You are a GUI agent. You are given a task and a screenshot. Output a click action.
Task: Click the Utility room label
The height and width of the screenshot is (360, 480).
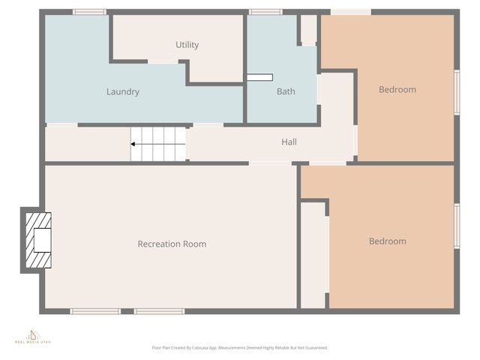tap(187, 45)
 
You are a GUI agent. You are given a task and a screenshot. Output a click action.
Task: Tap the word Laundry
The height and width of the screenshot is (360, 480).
tap(123, 92)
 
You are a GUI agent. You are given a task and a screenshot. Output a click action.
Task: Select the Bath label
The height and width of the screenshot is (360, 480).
tap(286, 92)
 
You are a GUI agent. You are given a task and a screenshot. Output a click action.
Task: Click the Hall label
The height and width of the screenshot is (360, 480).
tap(289, 142)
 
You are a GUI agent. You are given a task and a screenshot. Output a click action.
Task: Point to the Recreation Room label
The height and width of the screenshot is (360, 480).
tap(172, 244)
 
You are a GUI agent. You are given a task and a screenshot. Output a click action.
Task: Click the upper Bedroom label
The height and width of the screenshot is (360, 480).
tap(397, 90)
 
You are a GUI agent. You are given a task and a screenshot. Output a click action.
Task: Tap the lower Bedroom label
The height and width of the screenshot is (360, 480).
tap(387, 241)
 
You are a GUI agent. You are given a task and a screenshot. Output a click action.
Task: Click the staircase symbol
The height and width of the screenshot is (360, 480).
tap(158, 143)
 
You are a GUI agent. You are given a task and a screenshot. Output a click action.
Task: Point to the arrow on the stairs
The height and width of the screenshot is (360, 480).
tap(136, 143)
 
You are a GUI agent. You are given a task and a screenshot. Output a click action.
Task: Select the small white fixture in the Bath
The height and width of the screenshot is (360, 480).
tap(259, 77)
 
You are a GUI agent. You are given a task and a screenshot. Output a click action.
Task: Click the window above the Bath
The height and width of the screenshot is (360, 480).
tap(265, 12)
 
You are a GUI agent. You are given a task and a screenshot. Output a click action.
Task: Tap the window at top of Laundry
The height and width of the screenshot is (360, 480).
tap(89, 12)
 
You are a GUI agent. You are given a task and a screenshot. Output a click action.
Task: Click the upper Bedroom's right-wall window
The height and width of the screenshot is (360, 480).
tap(457, 91)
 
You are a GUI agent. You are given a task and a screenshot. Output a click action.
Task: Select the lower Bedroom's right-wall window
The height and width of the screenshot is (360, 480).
tap(457, 226)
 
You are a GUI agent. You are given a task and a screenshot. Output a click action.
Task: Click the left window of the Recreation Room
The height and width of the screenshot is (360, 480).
tap(94, 311)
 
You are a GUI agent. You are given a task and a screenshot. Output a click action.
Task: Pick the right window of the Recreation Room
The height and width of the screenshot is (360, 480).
tap(159, 311)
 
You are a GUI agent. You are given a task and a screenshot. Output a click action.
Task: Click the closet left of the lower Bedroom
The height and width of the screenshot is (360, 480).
tap(313, 255)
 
